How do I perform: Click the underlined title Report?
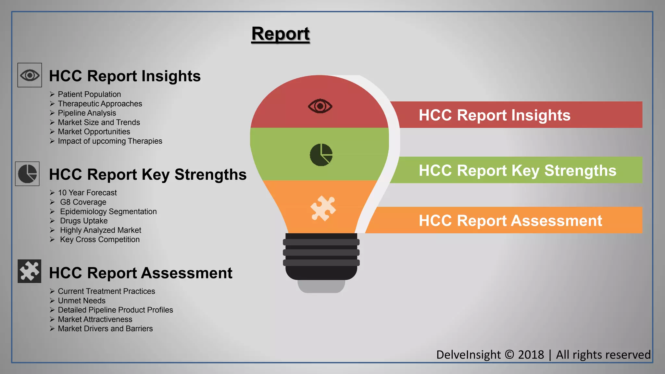pyautogui.click(x=281, y=34)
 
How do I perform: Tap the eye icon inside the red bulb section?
pyautogui.click(x=320, y=106)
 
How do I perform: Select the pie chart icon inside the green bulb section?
pyautogui.click(x=321, y=155)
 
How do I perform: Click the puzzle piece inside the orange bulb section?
pyautogui.click(x=323, y=208)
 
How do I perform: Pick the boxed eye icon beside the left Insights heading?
pyautogui.click(x=30, y=75)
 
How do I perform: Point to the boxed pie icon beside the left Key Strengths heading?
pyautogui.click(x=27, y=174)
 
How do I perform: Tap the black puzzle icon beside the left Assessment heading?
pyautogui.click(x=29, y=271)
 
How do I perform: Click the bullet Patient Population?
pyautogui.click(x=89, y=94)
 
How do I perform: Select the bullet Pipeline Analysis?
pyautogui.click(x=87, y=113)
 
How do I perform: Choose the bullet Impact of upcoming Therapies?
pyautogui.click(x=110, y=141)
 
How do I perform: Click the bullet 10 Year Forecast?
pyautogui.click(x=87, y=193)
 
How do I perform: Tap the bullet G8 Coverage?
pyautogui.click(x=83, y=202)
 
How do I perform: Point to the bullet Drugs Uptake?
pyautogui.click(x=84, y=221)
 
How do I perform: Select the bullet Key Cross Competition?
pyautogui.click(x=100, y=239)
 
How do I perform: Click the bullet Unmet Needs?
pyautogui.click(x=82, y=301)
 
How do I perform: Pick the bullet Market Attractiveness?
pyautogui.click(x=95, y=319)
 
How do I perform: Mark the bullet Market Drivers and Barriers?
pyautogui.click(x=105, y=329)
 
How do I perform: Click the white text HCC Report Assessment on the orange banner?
pyautogui.click(x=510, y=221)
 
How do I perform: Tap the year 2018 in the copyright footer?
pyautogui.click(x=531, y=355)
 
